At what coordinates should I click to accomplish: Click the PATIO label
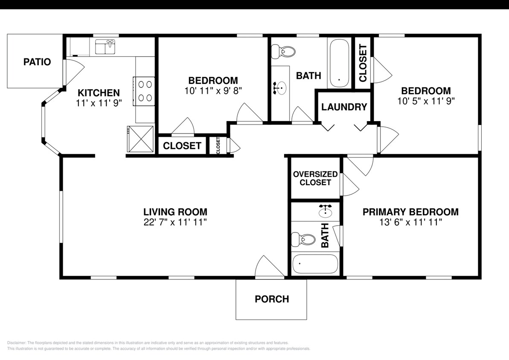pyautogui.click(x=37, y=62)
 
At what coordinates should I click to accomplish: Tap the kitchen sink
pyautogui.click(x=105, y=47)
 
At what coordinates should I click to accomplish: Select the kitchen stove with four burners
pyautogui.click(x=144, y=91)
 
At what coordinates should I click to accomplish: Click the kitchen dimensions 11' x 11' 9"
pyautogui.click(x=98, y=103)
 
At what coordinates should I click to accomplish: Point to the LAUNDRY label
pyautogui.click(x=344, y=107)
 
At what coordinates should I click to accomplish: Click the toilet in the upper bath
pyautogui.click(x=284, y=52)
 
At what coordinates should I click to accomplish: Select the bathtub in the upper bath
pyautogui.click(x=339, y=63)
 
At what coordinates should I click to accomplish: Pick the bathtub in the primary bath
pyautogui.click(x=315, y=264)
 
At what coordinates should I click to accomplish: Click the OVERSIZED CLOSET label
pyautogui.click(x=315, y=178)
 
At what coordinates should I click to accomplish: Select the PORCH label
pyautogui.click(x=272, y=299)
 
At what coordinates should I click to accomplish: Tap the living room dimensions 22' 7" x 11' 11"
pyautogui.click(x=175, y=222)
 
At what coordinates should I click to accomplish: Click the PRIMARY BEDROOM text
pyautogui.click(x=410, y=212)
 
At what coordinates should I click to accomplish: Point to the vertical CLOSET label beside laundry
pyautogui.click(x=363, y=63)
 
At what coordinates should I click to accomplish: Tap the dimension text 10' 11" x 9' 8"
pyautogui.click(x=213, y=90)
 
